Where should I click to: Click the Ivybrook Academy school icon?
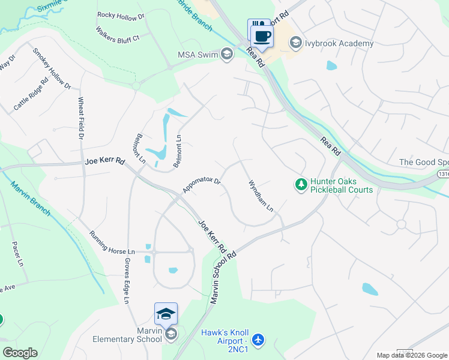295,43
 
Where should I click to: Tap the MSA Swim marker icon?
227,55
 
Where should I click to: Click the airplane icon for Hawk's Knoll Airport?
258,340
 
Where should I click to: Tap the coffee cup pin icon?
262,35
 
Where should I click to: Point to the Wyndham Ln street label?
261,196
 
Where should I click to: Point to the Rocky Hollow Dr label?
121,17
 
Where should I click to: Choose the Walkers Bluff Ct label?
118,34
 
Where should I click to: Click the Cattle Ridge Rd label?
31,95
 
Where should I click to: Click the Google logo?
20,353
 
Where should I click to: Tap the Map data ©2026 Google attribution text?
412,355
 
